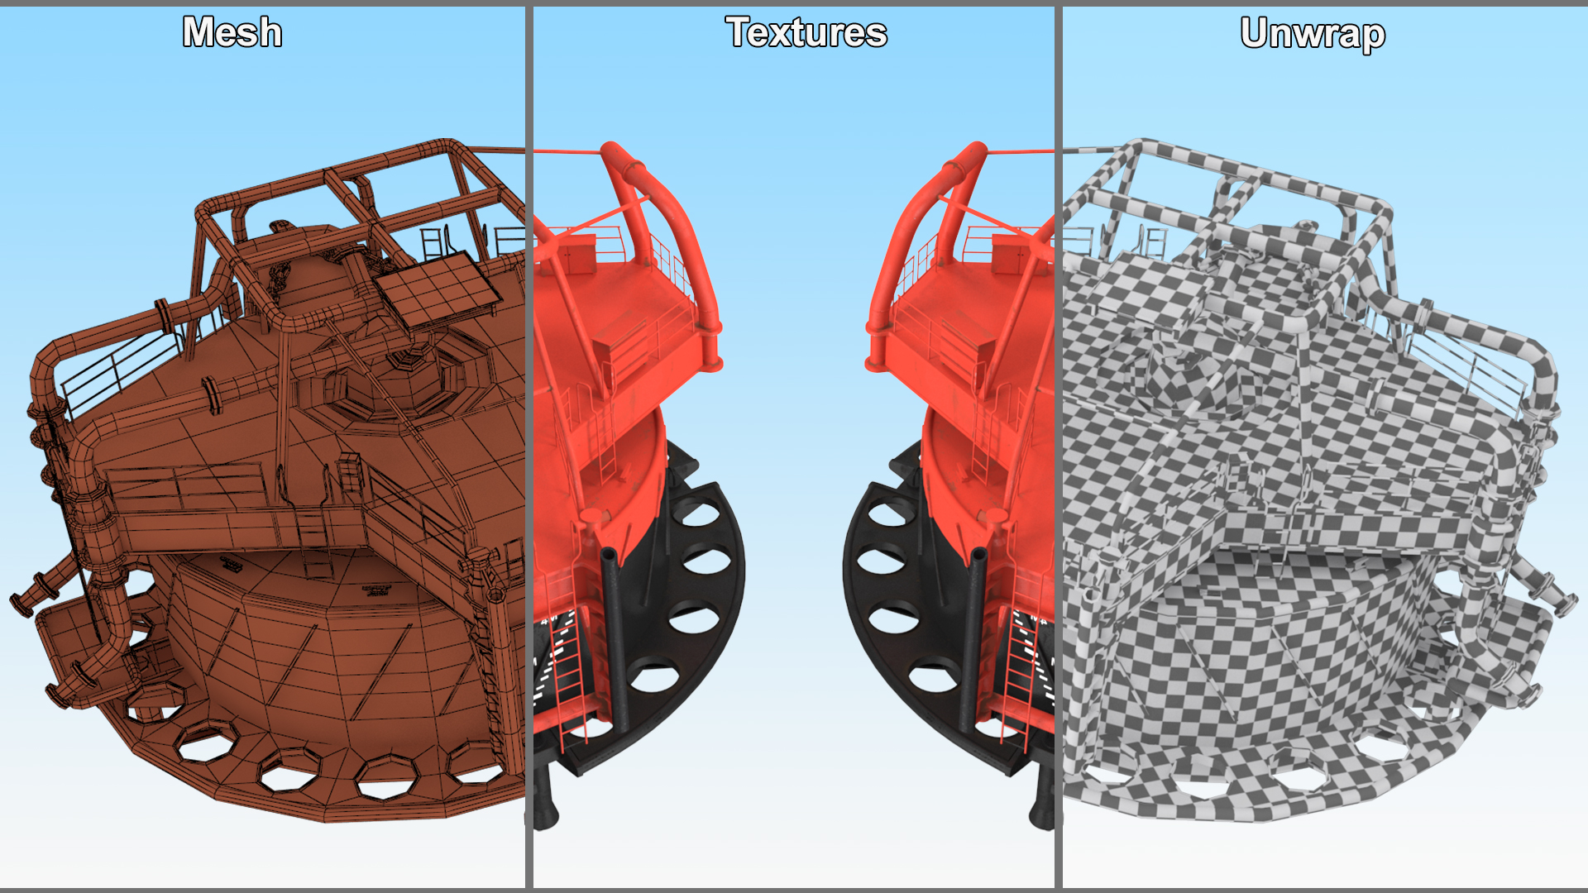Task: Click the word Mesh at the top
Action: point(232,32)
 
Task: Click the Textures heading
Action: point(806,32)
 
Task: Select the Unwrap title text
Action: point(1313,34)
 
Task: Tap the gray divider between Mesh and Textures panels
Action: point(529,446)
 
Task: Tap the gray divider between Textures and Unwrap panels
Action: point(1059,446)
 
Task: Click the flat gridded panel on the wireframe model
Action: point(437,289)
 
